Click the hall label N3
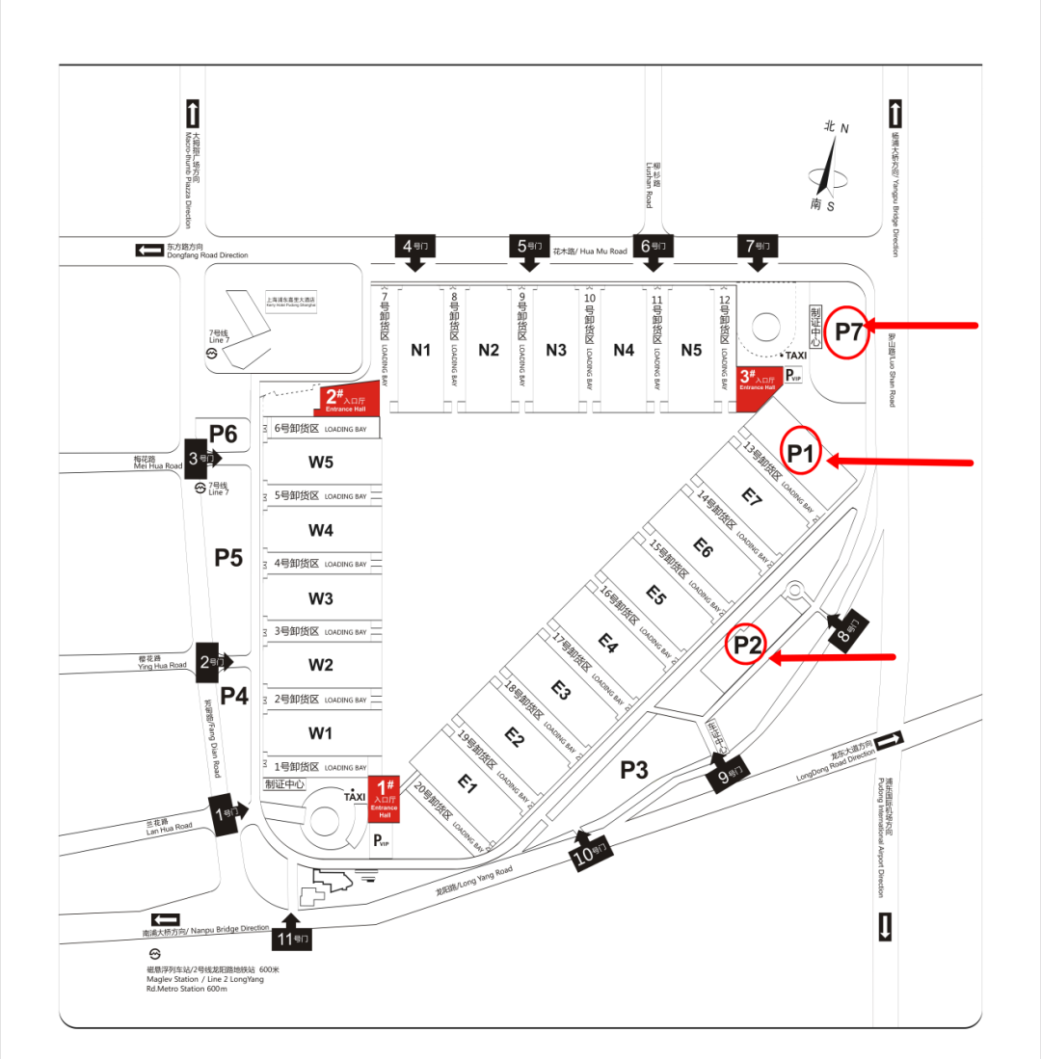click(x=556, y=350)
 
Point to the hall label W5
click(x=321, y=463)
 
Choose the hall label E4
click(x=608, y=643)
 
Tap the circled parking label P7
click(x=849, y=332)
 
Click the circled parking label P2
click(x=748, y=645)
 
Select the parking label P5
click(x=228, y=558)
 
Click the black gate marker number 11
click(x=293, y=935)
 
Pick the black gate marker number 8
click(x=847, y=632)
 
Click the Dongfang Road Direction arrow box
click(x=149, y=251)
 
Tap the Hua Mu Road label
click(x=589, y=252)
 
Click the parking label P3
click(x=633, y=769)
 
